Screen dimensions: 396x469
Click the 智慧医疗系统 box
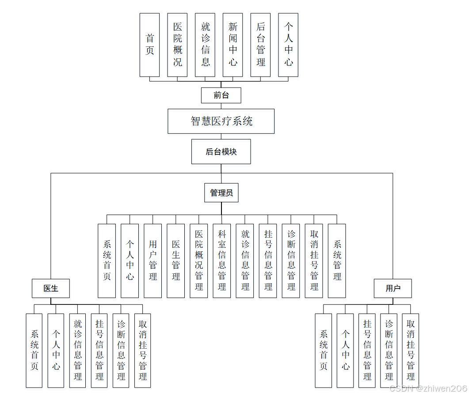pos(221,121)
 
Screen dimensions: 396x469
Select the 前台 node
pos(221,95)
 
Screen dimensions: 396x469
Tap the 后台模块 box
pos(221,152)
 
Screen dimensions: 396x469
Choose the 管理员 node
pos(221,193)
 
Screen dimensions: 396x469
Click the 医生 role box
pos(51,288)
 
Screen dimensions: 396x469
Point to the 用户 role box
pos(393,288)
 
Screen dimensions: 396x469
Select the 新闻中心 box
pos(233,45)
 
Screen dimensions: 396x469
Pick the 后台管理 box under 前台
pos(260,45)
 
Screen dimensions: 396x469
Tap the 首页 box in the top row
pos(149,45)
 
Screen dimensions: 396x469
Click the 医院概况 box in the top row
pos(177,45)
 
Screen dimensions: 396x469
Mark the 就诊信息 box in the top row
pos(205,45)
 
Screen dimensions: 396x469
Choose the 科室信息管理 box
pos(222,260)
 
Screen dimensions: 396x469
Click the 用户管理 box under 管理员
pos(153,260)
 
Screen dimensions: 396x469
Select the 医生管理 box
pos(176,260)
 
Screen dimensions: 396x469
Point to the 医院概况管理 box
pos(199,260)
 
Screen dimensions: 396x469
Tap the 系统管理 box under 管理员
pos(337,260)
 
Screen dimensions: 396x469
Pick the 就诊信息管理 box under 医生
pos(77,350)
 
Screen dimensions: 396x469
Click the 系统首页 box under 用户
pos(323,350)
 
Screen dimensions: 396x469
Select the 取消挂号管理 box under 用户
pos(410,350)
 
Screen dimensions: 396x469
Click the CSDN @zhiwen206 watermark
pos(427,388)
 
